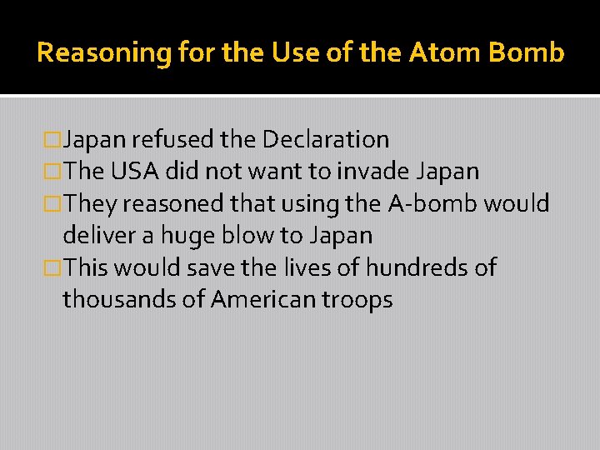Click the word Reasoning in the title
point(103,53)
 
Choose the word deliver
point(98,236)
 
